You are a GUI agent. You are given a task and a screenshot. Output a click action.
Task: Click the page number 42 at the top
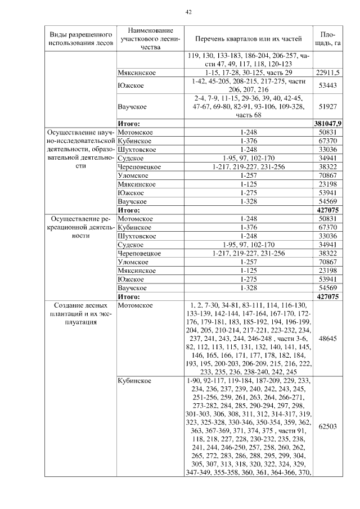tap(188, 12)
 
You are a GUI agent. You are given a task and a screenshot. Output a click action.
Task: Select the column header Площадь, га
tap(328, 38)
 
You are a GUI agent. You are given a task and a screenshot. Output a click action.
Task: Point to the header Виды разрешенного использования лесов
tap(80, 38)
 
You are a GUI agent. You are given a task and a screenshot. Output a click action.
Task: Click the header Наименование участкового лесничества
tap(150, 38)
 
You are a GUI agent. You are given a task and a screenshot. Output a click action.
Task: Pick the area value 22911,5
tap(328, 73)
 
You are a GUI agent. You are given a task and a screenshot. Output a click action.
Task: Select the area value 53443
tap(328, 85)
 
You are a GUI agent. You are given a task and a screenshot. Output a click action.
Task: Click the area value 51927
tap(328, 106)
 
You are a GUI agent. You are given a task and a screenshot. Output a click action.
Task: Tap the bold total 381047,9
tap(328, 123)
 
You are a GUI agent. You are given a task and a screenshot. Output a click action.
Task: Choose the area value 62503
tap(328, 426)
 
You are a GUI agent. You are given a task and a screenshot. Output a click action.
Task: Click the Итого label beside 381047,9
tap(129, 123)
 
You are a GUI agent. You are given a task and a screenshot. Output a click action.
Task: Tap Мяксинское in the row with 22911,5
tap(137, 73)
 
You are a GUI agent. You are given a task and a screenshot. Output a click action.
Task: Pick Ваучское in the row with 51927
tap(132, 106)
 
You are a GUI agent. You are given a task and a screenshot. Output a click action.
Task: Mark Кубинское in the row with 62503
tap(134, 381)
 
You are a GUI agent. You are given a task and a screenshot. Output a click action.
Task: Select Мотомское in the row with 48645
tap(135, 305)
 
